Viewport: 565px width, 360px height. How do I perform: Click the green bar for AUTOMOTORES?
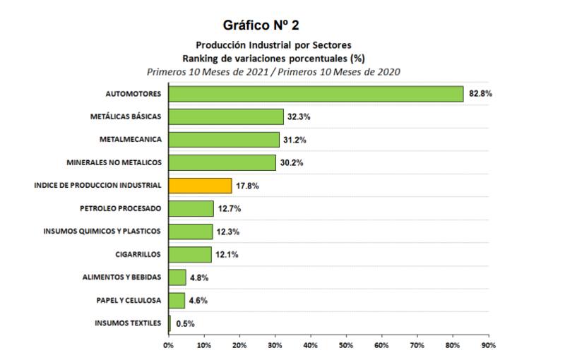pos(316,94)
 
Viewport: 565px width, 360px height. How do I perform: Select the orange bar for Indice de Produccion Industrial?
pos(200,186)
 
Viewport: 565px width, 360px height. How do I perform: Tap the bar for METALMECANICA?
pos(224,140)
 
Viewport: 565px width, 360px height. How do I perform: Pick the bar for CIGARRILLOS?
pos(190,254)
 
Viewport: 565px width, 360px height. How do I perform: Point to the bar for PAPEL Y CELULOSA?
pos(177,301)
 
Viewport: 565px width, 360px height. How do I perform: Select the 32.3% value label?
pos(299,117)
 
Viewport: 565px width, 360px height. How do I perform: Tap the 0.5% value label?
pos(185,324)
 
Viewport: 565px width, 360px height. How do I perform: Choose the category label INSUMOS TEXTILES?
pos(128,324)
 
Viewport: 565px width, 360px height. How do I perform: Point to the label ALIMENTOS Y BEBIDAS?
pos(121,277)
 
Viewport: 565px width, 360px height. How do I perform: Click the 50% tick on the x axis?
pos(346,345)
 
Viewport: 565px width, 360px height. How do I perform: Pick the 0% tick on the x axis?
pos(168,345)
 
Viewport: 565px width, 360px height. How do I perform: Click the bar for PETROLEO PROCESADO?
pos(191,209)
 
